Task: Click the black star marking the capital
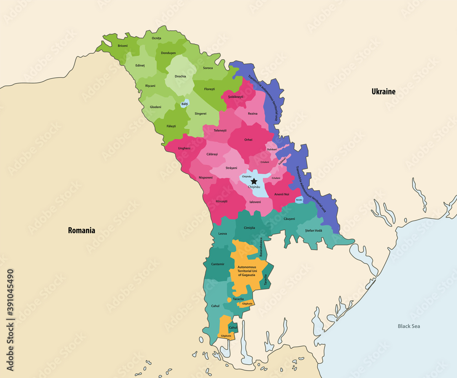pos(254,181)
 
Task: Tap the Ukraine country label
pos(383,92)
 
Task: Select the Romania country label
pos(81,231)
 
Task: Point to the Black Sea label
pos(408,326)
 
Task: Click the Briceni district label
pos(122,46)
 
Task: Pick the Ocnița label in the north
pos(156,38)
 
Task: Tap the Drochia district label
pos(180,76)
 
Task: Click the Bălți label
pos(184,104)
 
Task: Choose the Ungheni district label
pos(184,148)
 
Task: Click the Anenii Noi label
pos(282,194)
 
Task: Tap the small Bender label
pos(299,200)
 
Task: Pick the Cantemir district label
pos(218,264)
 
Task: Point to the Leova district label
pos(222,233)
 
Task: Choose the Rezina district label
pos(252,114)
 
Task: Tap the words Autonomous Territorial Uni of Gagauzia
pos(249,271)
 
